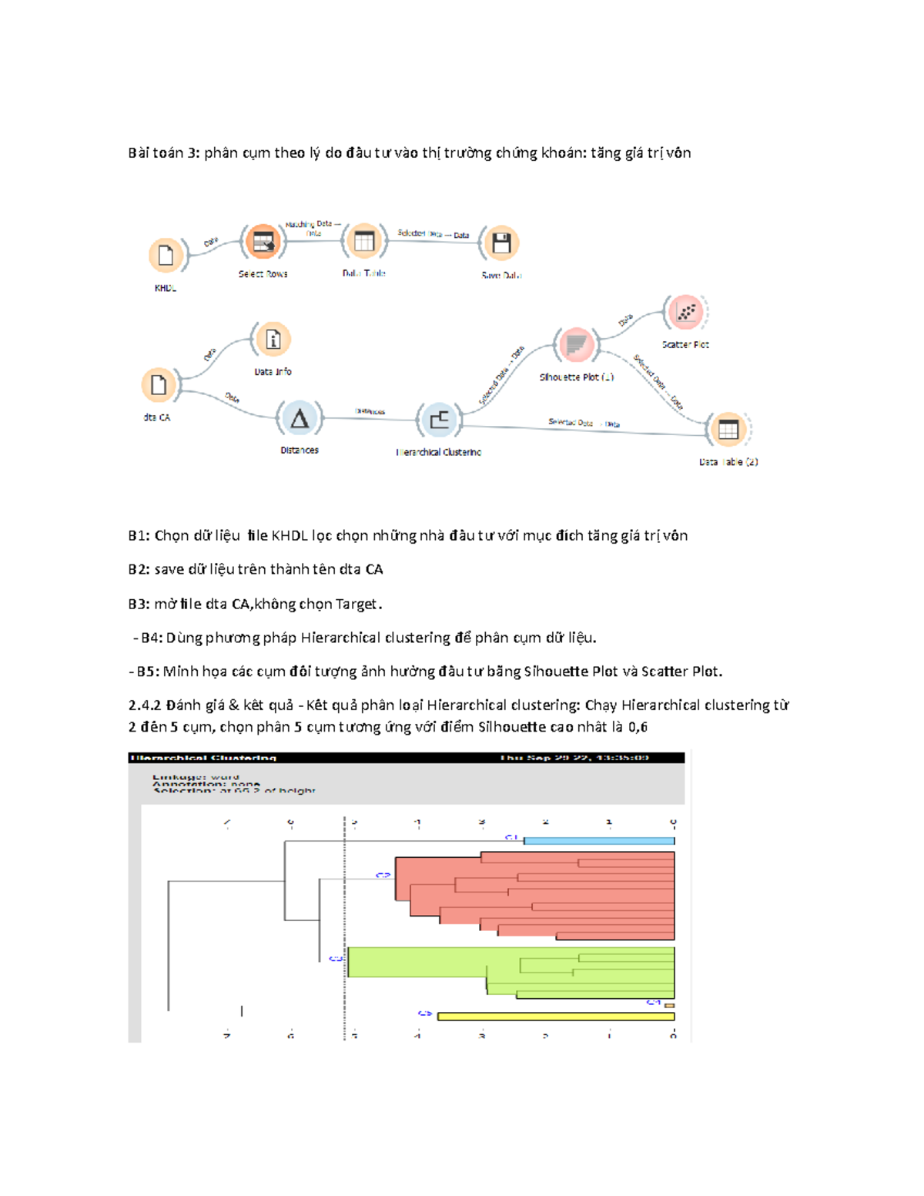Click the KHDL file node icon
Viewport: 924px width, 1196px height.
pyautogui.click(x=166, y=255)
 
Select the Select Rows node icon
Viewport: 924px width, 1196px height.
pyautogui.click(x=263, y=243)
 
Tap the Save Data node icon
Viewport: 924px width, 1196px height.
pyautogui.click(x=501, y=243)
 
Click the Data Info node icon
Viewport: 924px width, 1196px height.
pyautogui.click(x=273, y=340)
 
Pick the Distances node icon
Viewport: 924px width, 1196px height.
pyautogui.click(x=300, y=418)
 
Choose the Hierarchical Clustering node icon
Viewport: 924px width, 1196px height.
pyautogui.click(x=439, y=420)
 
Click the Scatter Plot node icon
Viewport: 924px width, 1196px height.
pyautogui.click(x=685, y=313)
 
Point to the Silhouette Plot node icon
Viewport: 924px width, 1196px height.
pyautogui.click(x=576, y=344)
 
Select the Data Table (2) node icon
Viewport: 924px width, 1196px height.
pyautogui.click(x=728, y=430)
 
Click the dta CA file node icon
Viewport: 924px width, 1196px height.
pyautogui.click(x=159, y=385)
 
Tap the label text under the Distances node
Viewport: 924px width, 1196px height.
pyautogui.click(x=300, y=451)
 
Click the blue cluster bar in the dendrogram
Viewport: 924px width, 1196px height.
pyautogui.click(x=598, y=841)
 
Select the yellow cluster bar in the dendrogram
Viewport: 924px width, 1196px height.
pyautogui.click(x=555, y=1017)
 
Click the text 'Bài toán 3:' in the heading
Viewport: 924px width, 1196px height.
pyautogui.click(x=164, y=152)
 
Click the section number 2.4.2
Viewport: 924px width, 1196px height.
pyautogui.click(x=145, y=705)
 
